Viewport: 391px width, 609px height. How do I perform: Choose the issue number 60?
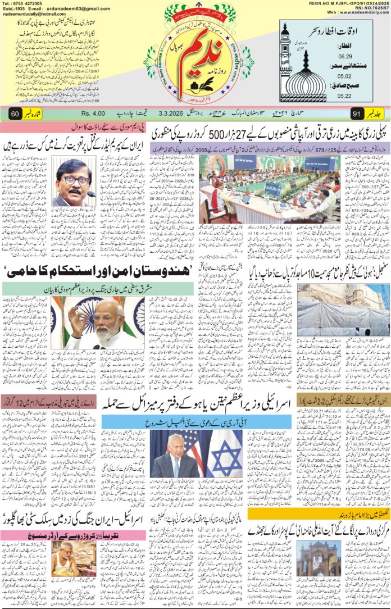(15, 113)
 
